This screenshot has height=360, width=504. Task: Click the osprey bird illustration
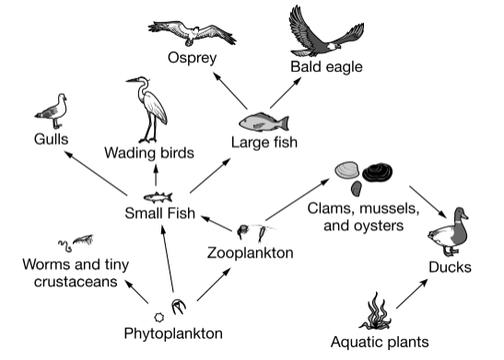click(192, 33)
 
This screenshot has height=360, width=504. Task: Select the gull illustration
click(53, 111)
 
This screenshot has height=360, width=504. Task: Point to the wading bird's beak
click(132, 80)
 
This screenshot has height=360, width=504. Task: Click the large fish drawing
click(264, 122)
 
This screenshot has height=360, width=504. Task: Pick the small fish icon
click(158, 197)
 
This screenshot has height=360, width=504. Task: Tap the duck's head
click(461, 215)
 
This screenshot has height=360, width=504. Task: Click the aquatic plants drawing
click(375, 311)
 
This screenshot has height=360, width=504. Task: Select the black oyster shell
click(378, 172)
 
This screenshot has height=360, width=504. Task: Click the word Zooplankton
click(250, 253)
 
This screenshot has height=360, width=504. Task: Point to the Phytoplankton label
click(173, 333)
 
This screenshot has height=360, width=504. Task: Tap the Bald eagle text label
click(326, 67)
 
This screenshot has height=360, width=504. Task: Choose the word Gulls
click(51, 139)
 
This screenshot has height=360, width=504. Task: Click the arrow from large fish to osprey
click(229, 90)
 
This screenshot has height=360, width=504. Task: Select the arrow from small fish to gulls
click(96, 173)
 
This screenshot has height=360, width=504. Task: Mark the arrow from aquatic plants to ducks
click(412, 294)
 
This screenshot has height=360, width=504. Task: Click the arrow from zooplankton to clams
click(298, 200)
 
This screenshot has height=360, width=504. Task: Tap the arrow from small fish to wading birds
click(156, 175)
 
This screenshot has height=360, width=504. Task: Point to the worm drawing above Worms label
click(65, 246)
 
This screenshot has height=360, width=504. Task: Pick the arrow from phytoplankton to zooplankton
click(214, 285)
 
